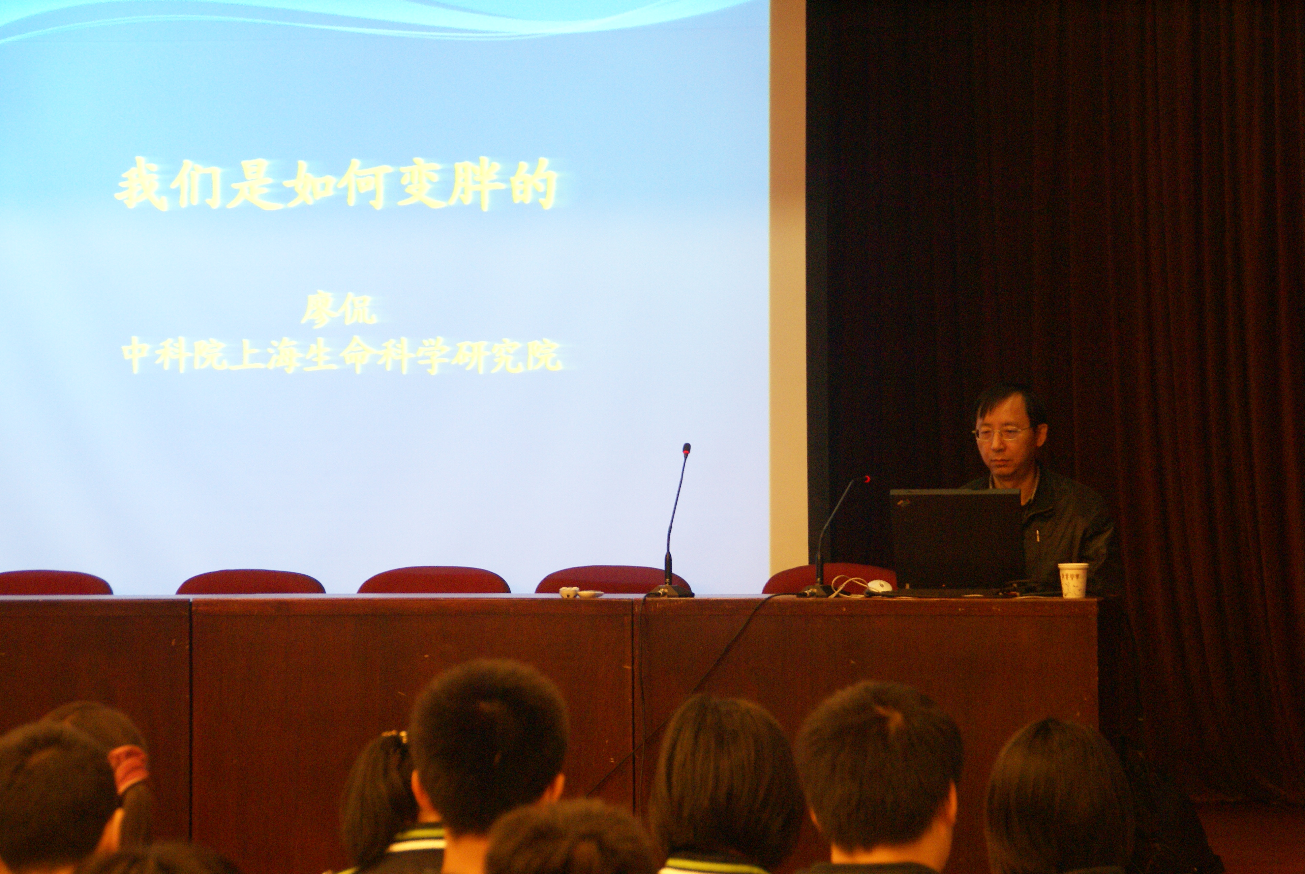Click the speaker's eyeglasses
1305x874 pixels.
(x=1001, y=433)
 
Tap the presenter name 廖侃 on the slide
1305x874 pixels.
(x=338, y=309)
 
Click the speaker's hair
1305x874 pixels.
(x=1009, y=404)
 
